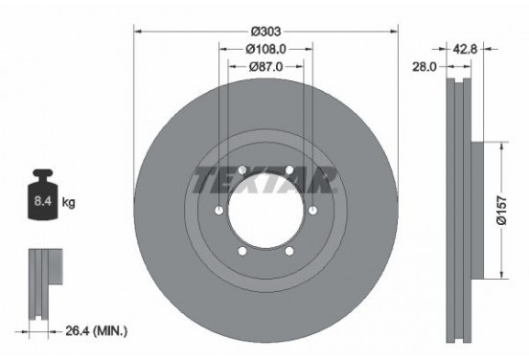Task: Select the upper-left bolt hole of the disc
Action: pos(241,170)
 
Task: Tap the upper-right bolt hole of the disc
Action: pos(288,170)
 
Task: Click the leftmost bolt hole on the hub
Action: pos(218,212)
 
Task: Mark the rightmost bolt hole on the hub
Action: pos(312,212)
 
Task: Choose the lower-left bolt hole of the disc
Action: pos(241,252)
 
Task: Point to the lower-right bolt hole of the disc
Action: pos(288,252)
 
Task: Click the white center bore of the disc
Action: pos(265,212)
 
